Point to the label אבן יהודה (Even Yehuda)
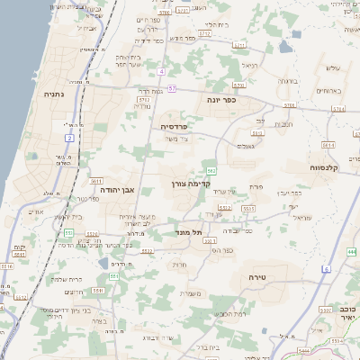tap(118, 190)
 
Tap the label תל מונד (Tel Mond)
tap(190, 232)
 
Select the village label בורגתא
tap(288, 80)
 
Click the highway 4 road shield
tap(160, 70)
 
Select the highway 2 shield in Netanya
tap(69, 138)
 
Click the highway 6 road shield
tap(326, 269)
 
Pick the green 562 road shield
tap(211, 170)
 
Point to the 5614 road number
tap(328, 143)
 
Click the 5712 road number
tap(205, 33)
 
